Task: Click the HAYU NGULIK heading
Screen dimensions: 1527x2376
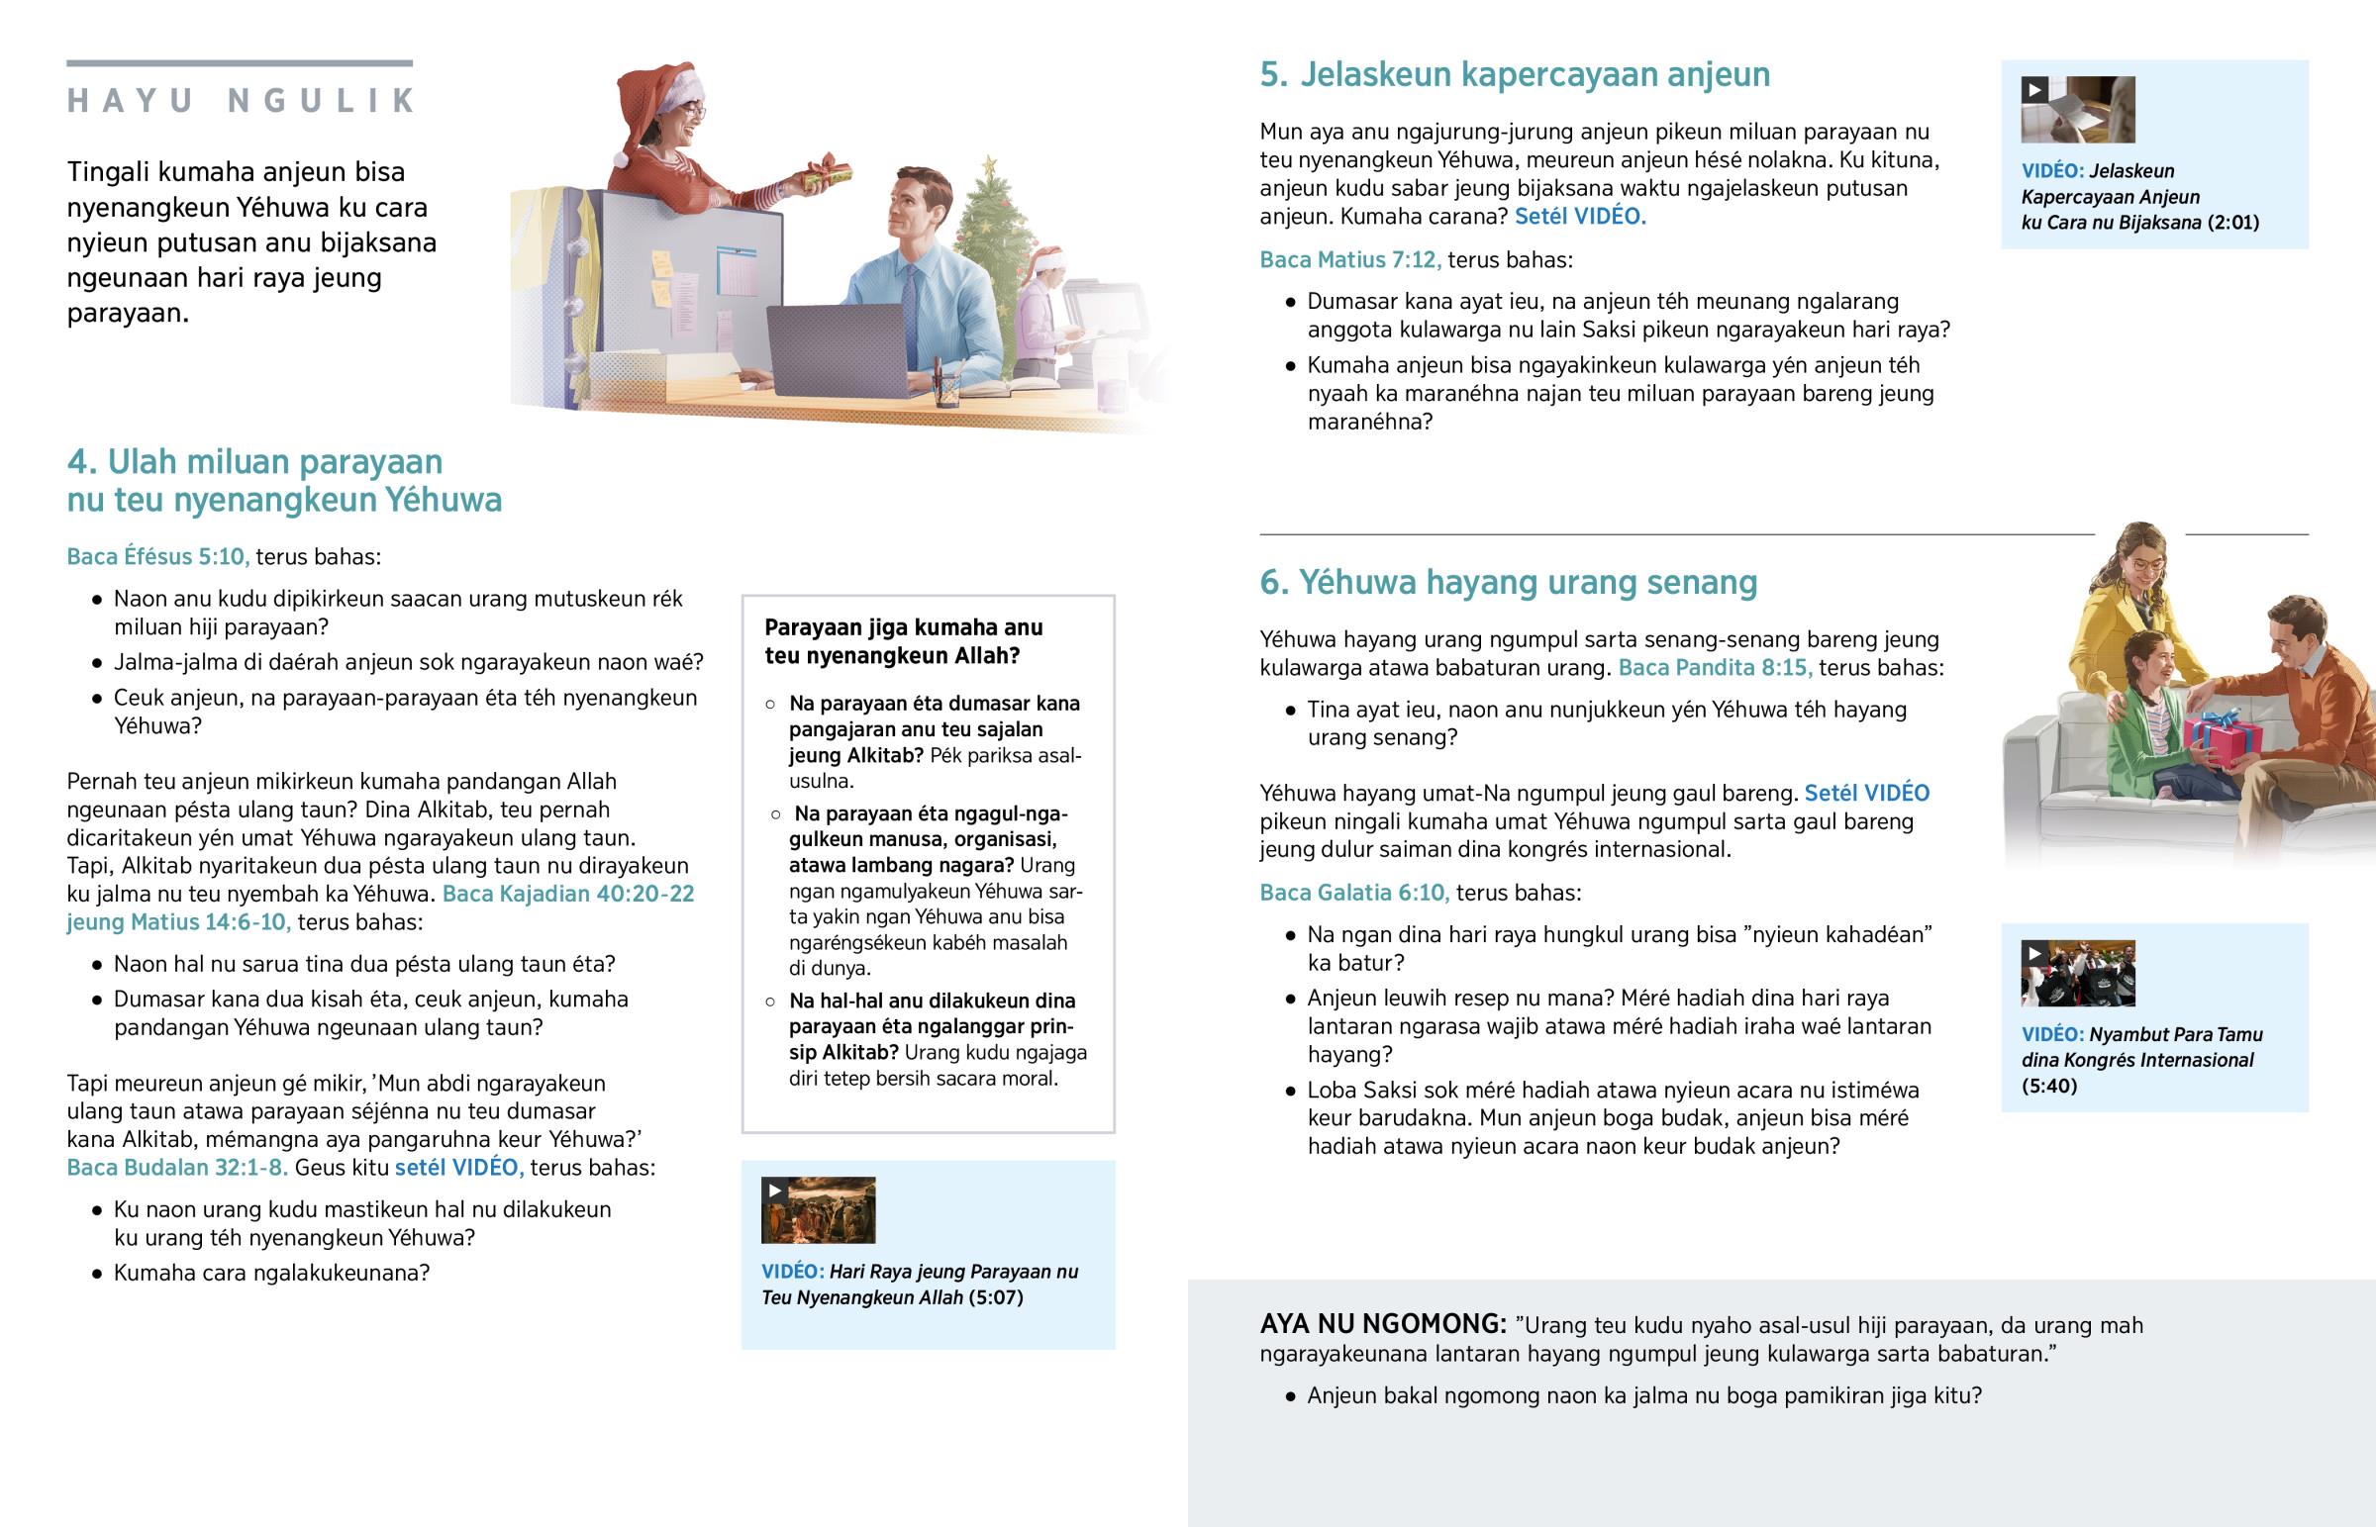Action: (x=240, y=101)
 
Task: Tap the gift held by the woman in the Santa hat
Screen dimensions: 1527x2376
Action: (x=829, y=172)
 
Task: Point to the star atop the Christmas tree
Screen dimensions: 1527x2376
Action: (x=989, y=163)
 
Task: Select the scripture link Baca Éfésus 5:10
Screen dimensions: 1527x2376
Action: (x=157, y=557)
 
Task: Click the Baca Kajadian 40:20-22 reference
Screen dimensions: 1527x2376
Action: (x=568, y=895)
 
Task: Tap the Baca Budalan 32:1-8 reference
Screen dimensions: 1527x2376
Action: (x=177, y=1168)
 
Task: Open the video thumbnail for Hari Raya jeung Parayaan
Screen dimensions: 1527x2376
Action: (x=818, y=1209)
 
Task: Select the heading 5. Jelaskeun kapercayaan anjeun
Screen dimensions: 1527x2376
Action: (x=1515, y=75)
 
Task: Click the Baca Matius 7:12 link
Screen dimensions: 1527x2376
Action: (x=1349, y=261)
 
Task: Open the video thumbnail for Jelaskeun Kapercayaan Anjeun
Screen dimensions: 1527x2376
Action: (x=2077, y=110)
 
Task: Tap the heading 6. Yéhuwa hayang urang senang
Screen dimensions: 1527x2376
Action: (x=1508, y=583)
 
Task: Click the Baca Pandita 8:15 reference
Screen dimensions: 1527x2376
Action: (x=1715, y=668)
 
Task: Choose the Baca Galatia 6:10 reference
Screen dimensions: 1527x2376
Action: (x=1353, y=894)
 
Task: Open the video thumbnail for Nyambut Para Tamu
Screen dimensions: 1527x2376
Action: (x=2077, y=974)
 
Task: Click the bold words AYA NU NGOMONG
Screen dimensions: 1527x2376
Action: (x=1382, y=1325)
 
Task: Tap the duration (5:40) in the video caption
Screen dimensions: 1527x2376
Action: (x=2048, y=1087)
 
